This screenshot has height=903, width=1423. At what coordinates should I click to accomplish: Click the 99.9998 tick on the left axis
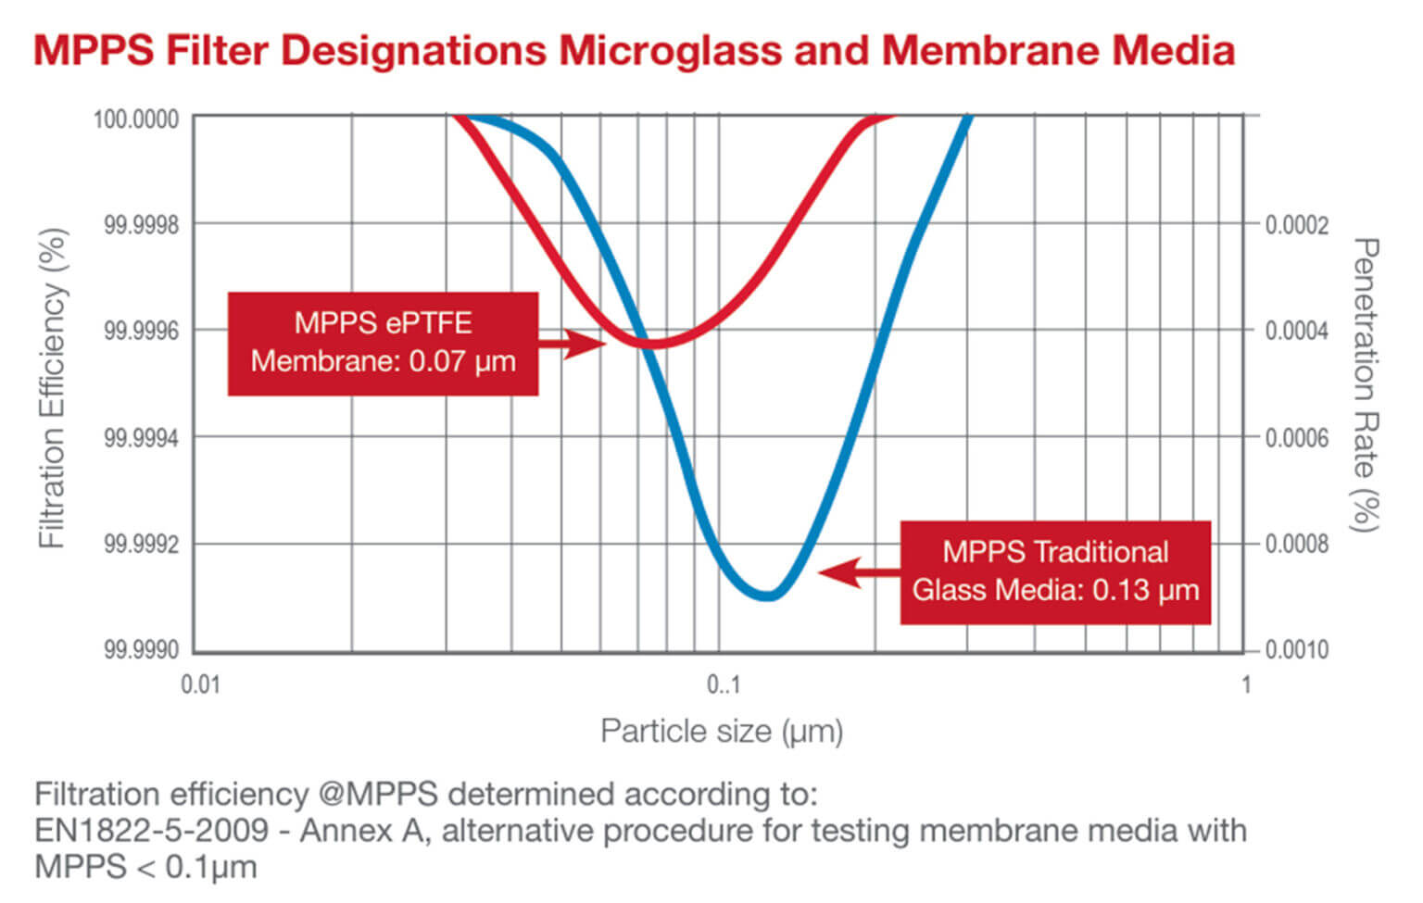[x=141, y=225]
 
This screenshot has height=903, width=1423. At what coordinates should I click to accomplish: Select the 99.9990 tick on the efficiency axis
[x=141, y=650]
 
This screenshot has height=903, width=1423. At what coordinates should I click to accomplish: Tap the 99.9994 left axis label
[x=141, y=437]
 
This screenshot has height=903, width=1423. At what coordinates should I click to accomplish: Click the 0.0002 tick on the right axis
[x=1297, y=225]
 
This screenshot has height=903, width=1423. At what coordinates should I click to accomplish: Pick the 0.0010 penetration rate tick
[x=1297, y=650]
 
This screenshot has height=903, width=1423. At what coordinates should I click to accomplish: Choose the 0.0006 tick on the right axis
[x=1297, y=437]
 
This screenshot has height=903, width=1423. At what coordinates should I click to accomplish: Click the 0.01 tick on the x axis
[x=200, y=685]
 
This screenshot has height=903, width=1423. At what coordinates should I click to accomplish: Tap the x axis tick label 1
[x=1246, y=685]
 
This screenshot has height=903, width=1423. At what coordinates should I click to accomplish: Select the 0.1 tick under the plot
[x=724, y=685]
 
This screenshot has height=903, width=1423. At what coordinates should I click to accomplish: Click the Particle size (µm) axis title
[x=722, y=732]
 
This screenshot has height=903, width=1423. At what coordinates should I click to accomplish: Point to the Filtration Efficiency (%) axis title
[x=53, y=389]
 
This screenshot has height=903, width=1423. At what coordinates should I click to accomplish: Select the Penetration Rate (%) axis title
[x=1366, y=384]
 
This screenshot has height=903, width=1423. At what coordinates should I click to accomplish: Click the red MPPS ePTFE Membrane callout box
[x=383, y=344]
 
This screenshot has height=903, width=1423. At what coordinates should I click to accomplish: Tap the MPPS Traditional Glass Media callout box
[x=1055, y=571]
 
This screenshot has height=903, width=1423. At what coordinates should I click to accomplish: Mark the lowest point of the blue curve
[x=767, y=596]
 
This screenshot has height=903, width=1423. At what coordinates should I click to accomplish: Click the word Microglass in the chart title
[x=671, y=50]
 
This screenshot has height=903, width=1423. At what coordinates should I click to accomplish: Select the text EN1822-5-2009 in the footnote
[x=150, y=831]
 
